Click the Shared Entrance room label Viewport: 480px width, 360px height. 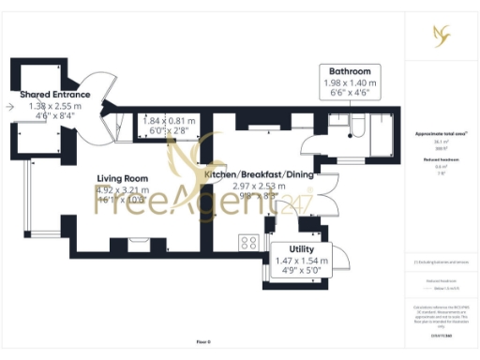tap(56, 95)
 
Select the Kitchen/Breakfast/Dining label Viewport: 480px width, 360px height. tap(259, 174)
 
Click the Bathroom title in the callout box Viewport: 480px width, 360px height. tap(349, 71)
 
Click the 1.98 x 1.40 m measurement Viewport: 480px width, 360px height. tap(349, 82)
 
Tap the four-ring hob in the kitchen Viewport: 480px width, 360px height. tap(249, 242)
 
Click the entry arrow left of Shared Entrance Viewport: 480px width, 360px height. tap(8, 107)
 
